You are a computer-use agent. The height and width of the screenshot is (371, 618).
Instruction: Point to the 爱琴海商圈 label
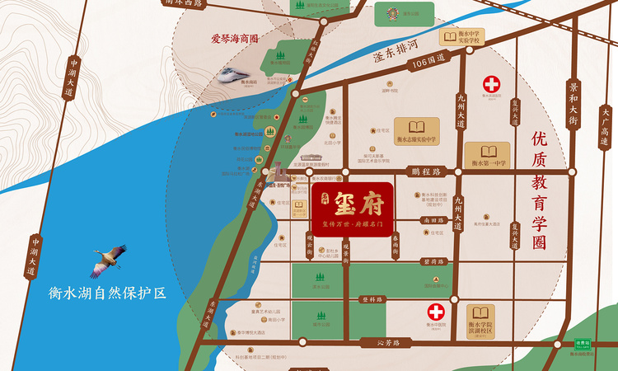(x=236, y=38)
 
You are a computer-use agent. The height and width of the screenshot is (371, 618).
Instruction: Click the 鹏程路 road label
(x=425, y=171)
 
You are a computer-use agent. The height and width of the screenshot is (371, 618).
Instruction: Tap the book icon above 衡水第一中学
(x=488, y=153)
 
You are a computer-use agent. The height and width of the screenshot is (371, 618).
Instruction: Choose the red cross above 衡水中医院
(x=434, y=312)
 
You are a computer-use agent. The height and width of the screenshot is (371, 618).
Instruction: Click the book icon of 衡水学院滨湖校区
(x=480, y=315)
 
